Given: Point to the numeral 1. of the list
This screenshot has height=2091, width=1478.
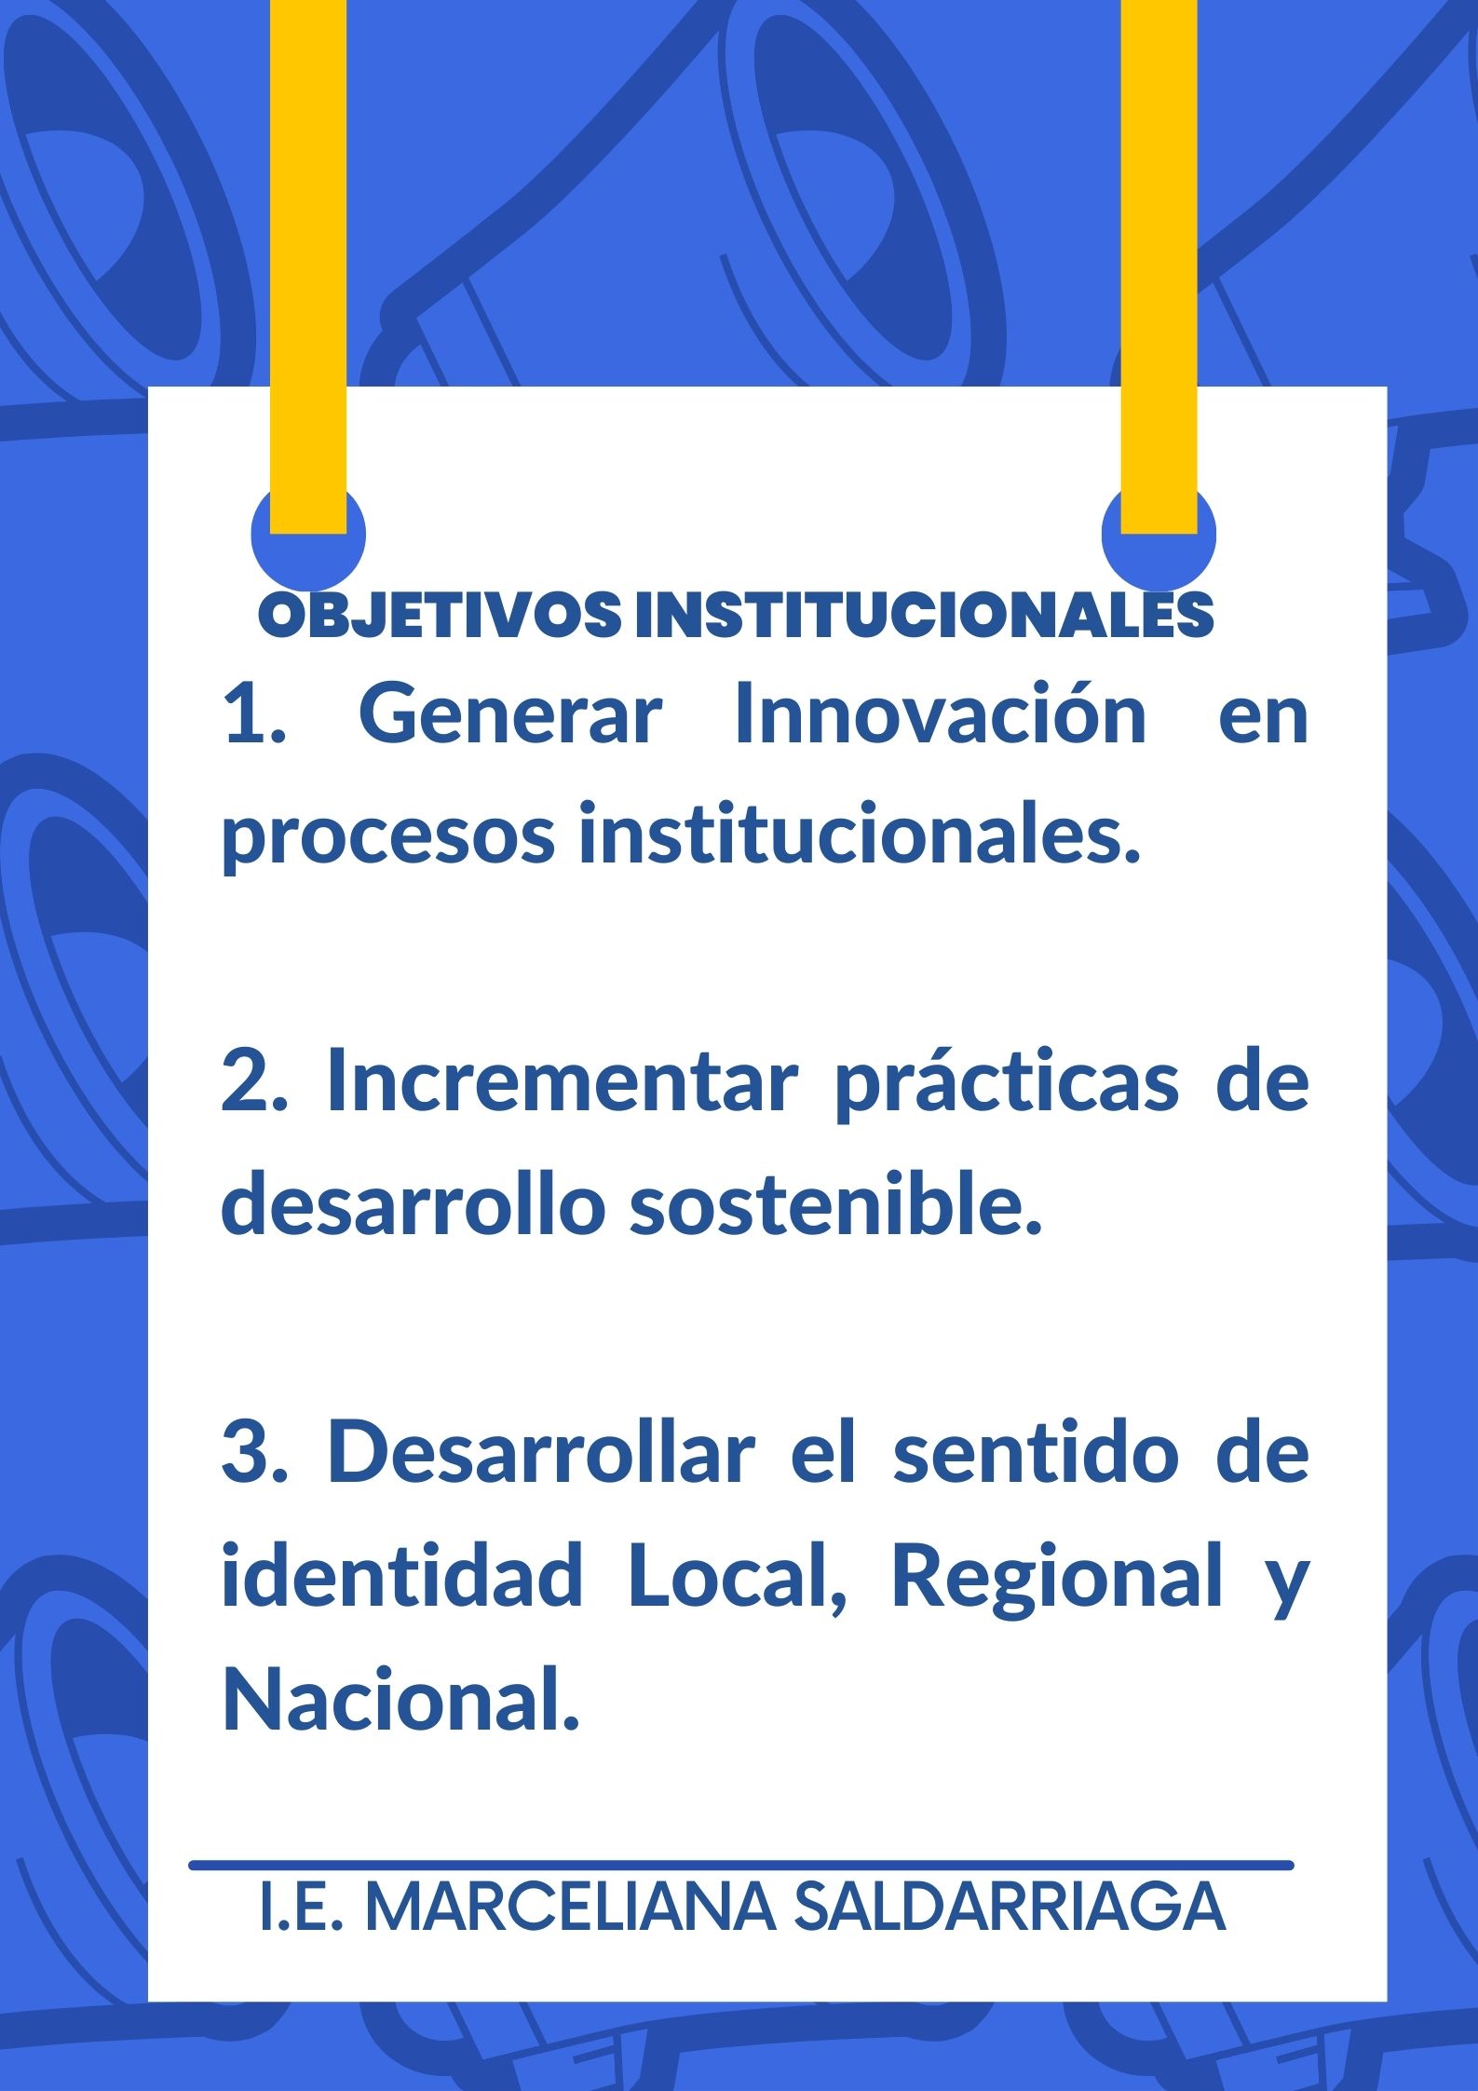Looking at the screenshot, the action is click(254, 716).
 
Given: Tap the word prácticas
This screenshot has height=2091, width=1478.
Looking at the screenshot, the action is click(1007, 1085).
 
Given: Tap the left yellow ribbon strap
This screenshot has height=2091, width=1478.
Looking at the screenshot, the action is click(308, 266).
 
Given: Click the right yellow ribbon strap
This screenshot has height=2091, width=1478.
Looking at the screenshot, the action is click(1159, 266).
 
